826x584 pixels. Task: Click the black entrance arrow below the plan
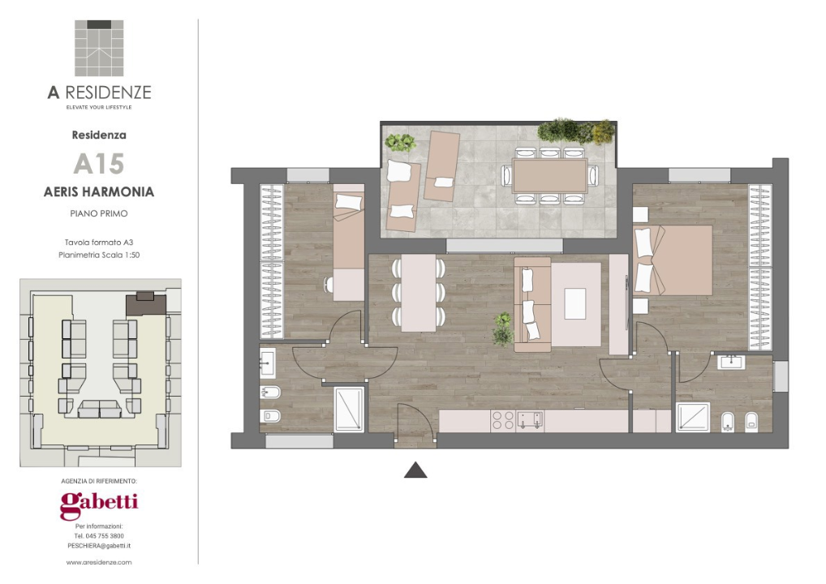tap(415, 470)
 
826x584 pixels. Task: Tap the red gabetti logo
tap(99, 505)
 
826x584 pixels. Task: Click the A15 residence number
tap(98, 164)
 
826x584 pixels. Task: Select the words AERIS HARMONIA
tap(99, 191)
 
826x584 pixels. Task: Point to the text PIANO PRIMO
tap(99, 213)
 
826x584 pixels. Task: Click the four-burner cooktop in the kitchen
tap(502, 421)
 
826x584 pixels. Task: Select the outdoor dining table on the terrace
tap(549, 176)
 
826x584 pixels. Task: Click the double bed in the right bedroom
tap(673, 260)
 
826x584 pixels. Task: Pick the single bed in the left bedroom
tap(349, 243)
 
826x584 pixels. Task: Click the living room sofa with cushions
tap(532, 304)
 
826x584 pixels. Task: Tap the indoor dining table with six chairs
tap(418, 293)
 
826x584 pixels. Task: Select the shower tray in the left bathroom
tap(349, 409)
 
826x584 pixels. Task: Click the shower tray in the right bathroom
tap(693, 417)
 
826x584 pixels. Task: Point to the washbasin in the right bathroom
tap(732, 363)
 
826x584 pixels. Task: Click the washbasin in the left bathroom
tap(268, 363)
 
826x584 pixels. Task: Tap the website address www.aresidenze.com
tap(99, 562)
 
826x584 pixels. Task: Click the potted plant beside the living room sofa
tap(503, 328)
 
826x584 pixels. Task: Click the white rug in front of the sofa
tap(574, 303)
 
